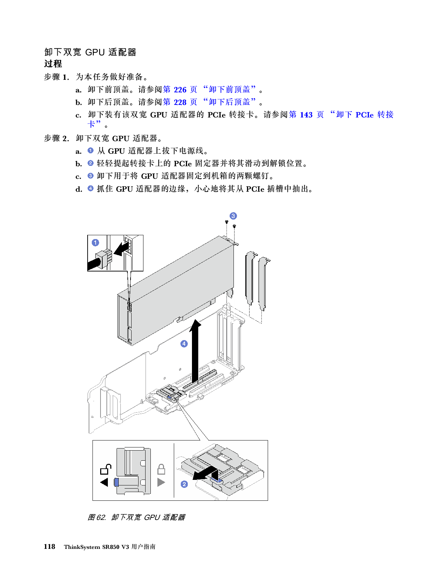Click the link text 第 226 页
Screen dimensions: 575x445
(x=180, y=90)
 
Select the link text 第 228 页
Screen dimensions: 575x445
(x=180, y=102)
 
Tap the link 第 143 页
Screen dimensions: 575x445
(x=306, y=115)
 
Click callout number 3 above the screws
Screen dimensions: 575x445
(x=233, y=216)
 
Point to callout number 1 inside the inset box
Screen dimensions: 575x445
(x=95, y=243)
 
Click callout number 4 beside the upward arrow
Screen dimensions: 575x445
(x=184, y=344)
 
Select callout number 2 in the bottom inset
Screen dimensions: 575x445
(x=184, y=484)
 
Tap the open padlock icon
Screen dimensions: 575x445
(x=105, y=469)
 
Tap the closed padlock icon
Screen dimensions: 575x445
(x=161, y=469)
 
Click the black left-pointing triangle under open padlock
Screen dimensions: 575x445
(x=104, y=482)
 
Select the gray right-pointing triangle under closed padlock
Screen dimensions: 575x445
(x=161, y=482)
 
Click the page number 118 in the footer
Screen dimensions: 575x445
(x=50, y=546)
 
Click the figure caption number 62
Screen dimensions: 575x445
(x=101, y=517)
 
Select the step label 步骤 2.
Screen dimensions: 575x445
(x=56, y=138)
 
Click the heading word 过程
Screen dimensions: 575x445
(x=53, y=64)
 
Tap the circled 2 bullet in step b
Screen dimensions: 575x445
(x=90, y=163)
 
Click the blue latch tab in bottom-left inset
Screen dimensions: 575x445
(x=117, y=482)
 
